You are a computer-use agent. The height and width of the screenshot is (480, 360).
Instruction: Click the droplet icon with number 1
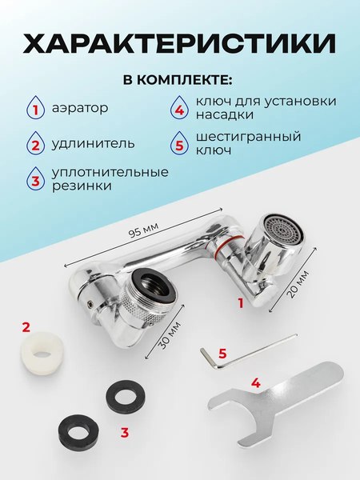[36, 108]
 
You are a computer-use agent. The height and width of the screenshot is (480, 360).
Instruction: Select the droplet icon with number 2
[36, 145]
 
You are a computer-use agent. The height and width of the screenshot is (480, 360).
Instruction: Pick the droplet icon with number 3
[36, 179]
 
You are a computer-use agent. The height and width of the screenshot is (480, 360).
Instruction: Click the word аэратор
[79, 107]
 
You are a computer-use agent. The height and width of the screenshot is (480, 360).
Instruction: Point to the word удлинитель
[93, 144]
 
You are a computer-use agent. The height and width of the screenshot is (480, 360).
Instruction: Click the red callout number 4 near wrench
[256, 383]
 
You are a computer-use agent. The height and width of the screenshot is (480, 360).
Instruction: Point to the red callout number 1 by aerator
[239, 303]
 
